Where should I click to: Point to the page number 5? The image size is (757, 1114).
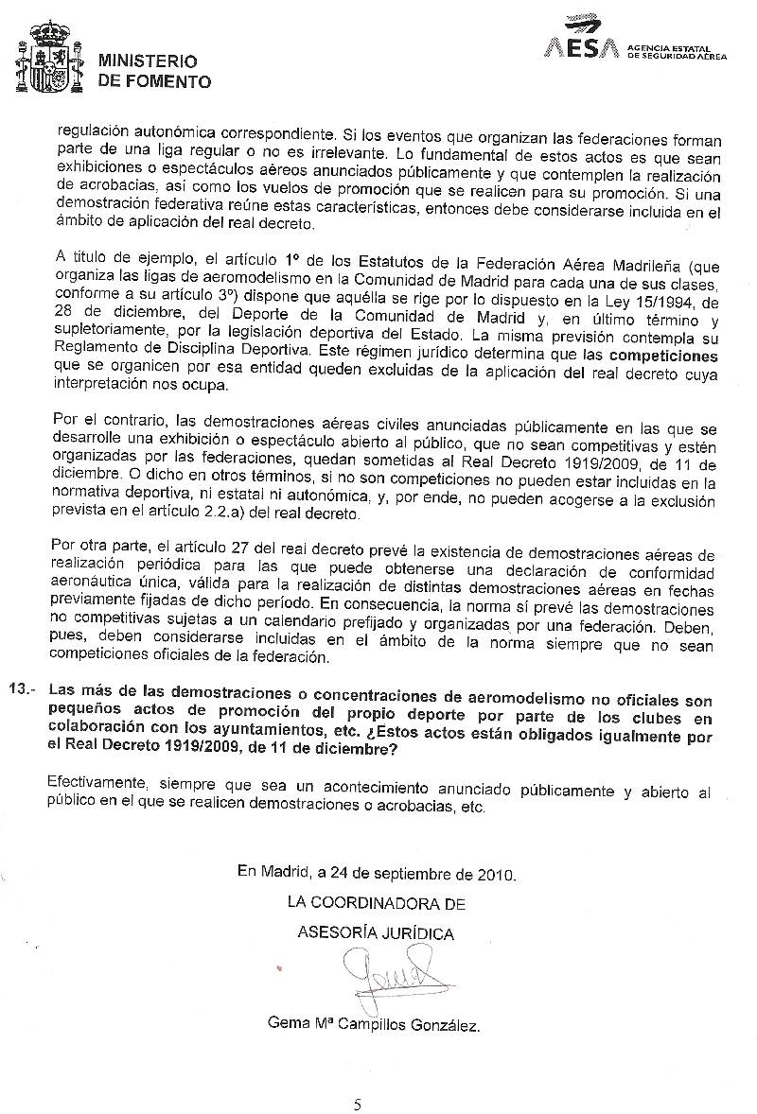(357, 1104)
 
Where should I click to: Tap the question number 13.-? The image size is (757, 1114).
(21, 689)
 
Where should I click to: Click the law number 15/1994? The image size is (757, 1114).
(657, 302)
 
